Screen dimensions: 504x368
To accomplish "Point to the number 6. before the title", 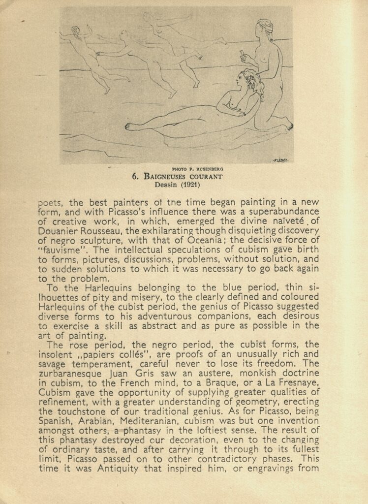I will pos(135,176).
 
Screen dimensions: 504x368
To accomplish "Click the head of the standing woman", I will pos(265,28).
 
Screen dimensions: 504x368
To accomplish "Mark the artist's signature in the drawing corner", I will pos(279,160).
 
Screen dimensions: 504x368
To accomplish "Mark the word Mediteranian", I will pos(132,420).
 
